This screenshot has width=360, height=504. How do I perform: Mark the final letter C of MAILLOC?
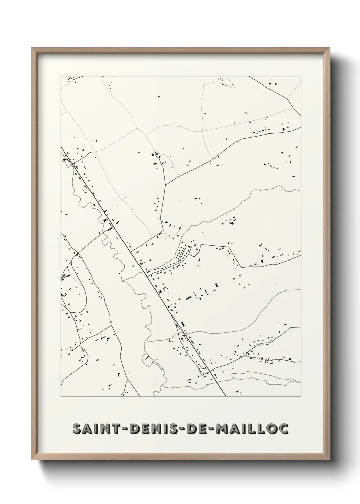(x=283, y=429)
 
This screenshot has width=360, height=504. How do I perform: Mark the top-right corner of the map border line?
(x=301, y=76)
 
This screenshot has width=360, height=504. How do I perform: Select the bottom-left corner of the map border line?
(x=61, y=397)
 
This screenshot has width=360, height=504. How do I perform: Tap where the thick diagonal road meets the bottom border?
(x=226, y=396)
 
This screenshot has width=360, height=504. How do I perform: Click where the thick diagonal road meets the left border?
(x=61, y=148)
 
